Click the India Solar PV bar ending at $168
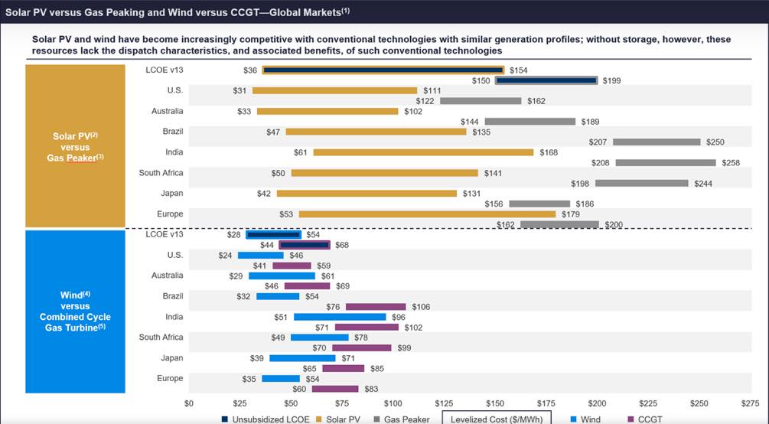[423, 152]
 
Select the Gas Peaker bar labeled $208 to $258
[666, 163]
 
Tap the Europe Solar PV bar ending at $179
[427, 214]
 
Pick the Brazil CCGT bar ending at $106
[376, 307]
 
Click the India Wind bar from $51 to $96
[340, 317]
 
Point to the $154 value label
[519, 70]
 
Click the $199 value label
[612, 80]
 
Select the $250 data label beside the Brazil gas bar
[715, 142]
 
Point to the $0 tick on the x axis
[189, 403]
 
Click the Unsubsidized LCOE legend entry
[269, 419]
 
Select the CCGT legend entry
[648, 419]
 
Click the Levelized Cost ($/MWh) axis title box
[497, 419]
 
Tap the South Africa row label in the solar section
[161, 173]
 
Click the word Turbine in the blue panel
[90, 328]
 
